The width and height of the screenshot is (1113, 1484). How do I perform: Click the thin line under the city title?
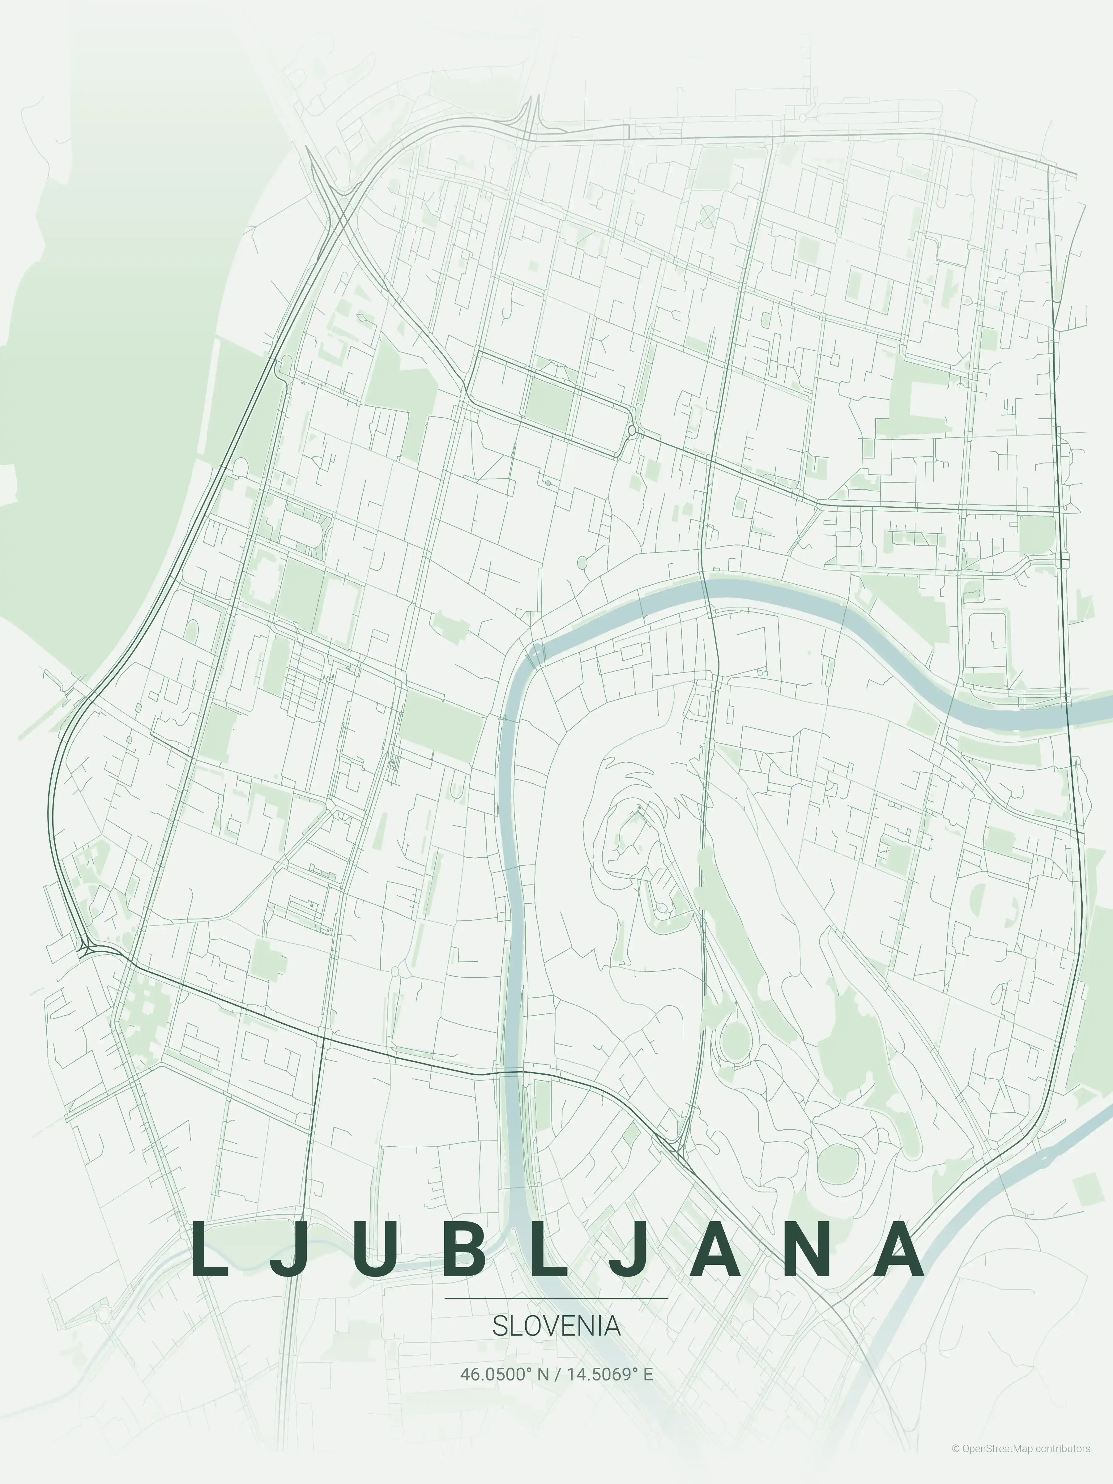point(556,1298)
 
